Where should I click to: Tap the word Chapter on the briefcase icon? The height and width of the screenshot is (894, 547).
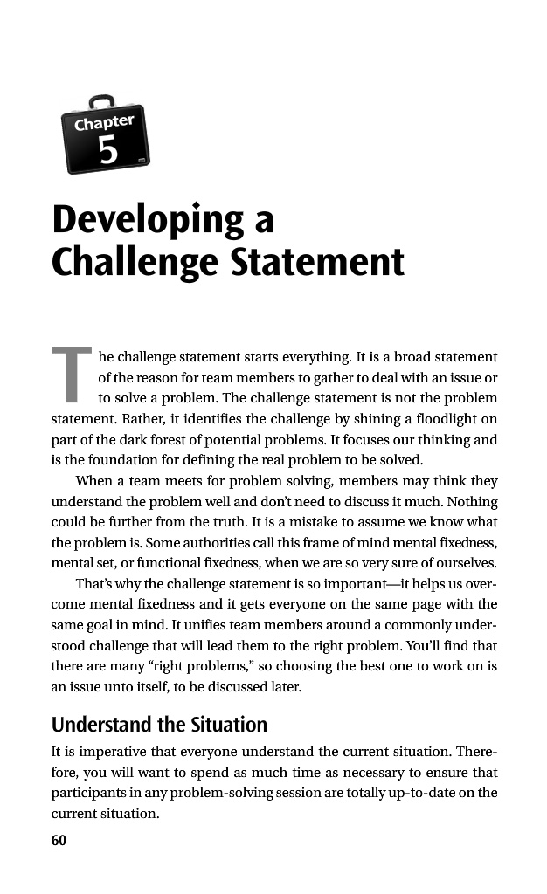(104, 122)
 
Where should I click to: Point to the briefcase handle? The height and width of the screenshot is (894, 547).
(101, 102)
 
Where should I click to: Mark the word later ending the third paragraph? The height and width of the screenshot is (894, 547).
(284, 685)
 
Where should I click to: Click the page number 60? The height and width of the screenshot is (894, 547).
(59, 840)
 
